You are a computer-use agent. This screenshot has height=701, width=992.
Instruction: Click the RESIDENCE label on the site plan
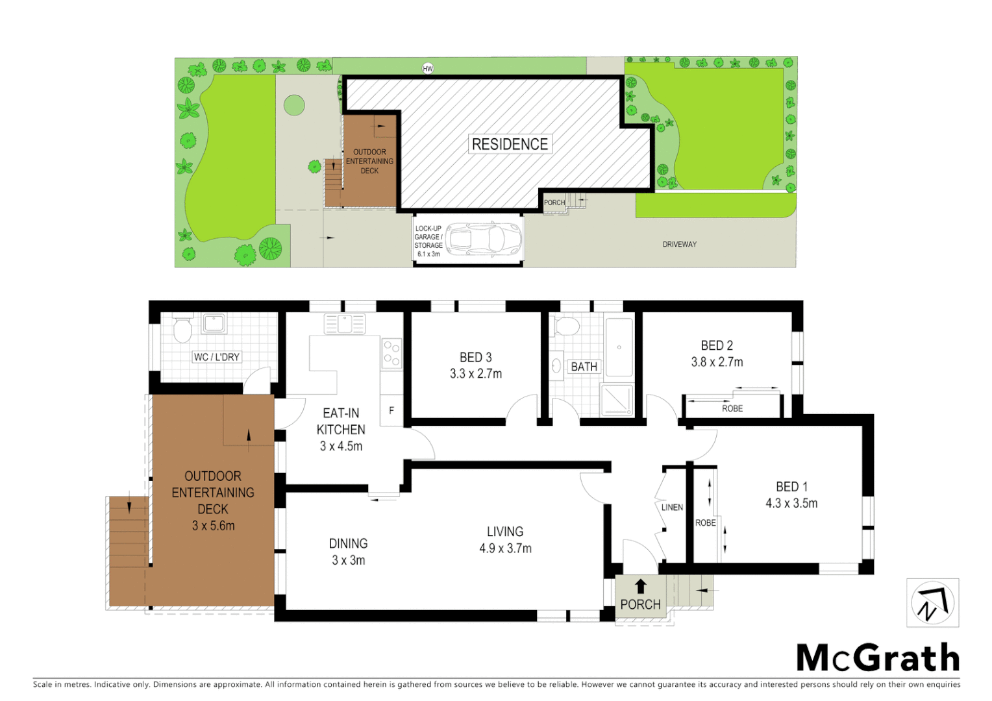[x=510, y=144]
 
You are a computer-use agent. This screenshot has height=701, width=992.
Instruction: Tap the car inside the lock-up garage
[x=484, y=240]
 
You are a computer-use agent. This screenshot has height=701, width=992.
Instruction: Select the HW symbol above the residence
[x=427, y=68]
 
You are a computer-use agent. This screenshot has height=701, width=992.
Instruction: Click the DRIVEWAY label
[x=679, y=245]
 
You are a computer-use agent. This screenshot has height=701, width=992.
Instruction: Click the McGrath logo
[x=878, y=658]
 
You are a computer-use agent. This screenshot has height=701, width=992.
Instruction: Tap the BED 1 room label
[x=791, y=487]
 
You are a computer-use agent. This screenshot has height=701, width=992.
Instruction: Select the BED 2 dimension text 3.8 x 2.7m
[x=717, y=362]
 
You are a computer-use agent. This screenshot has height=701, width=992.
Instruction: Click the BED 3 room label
[x=475, y=358]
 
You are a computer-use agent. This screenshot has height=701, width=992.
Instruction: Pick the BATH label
[x=584, y=367]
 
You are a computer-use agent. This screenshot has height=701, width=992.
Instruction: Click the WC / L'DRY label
[x=217, y=357]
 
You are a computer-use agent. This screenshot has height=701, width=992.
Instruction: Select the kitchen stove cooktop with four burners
[x=391, y=354]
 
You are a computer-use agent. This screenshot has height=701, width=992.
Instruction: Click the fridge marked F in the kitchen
[x=391, y=411]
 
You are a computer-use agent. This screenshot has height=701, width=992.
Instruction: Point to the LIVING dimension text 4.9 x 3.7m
[x=505, y=548]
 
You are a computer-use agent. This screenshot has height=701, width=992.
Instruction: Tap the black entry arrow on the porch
[x=641, y=586]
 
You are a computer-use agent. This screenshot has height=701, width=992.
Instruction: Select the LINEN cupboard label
[x=672, y=508]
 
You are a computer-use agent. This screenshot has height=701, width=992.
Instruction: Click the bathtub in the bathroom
[x=619, y=347]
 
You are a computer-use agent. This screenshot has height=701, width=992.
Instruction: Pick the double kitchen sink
[x=345, y=323]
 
